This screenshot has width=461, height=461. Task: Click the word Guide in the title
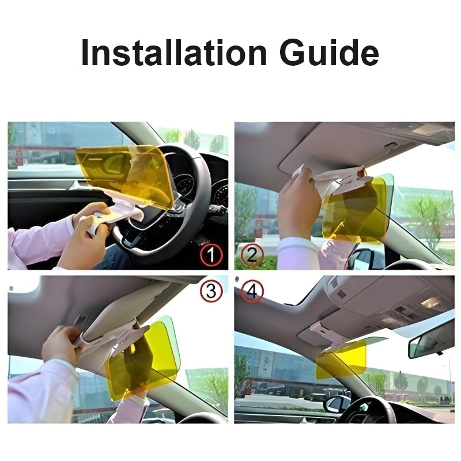(x=329, y=52)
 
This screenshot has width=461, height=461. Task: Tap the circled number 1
(x=211, y=255)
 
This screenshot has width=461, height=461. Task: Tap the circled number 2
(x=252, y=255)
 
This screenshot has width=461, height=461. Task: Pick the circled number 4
(x=252, y=292)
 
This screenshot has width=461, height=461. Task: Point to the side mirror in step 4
(x=337, y=404)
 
